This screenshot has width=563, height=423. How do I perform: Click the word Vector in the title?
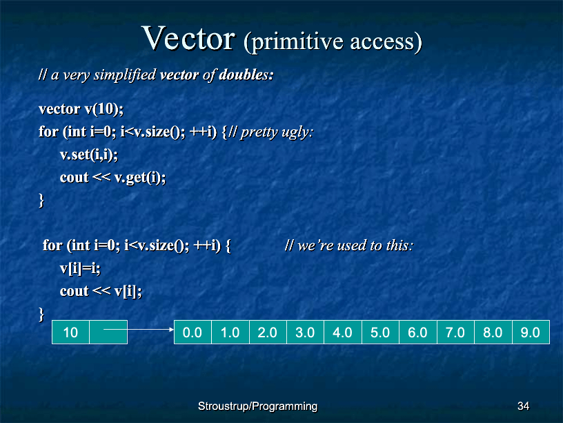tap(188, 38)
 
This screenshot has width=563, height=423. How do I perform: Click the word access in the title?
tap(382, 41)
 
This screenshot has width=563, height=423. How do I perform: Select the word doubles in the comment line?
tap(246, 75)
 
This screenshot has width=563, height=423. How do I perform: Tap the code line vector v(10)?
tap(81, 109)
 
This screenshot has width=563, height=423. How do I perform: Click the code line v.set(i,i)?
tap(89, 155)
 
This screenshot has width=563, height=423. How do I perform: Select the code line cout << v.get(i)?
tap(112, 178)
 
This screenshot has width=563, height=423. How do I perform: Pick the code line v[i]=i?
tap(80, 268)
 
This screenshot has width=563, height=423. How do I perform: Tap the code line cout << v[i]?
tap(101, 291)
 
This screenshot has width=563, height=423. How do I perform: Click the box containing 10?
tap(70, 332)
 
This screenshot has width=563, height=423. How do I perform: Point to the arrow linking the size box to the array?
tap(139, 329)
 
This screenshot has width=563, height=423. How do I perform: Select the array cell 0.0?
tap(192, 332)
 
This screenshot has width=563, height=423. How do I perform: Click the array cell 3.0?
tap(305, 332)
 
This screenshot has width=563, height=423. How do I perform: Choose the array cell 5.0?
tap(380, 332)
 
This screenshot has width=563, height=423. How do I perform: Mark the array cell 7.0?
tap(455, 332)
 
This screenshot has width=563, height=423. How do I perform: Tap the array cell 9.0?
tap(531, 332)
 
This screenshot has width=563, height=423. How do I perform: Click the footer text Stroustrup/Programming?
tap(258, 406)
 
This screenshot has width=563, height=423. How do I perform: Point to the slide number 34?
tap(523, 406)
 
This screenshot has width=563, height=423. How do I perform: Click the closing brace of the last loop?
tap(41, 314)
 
